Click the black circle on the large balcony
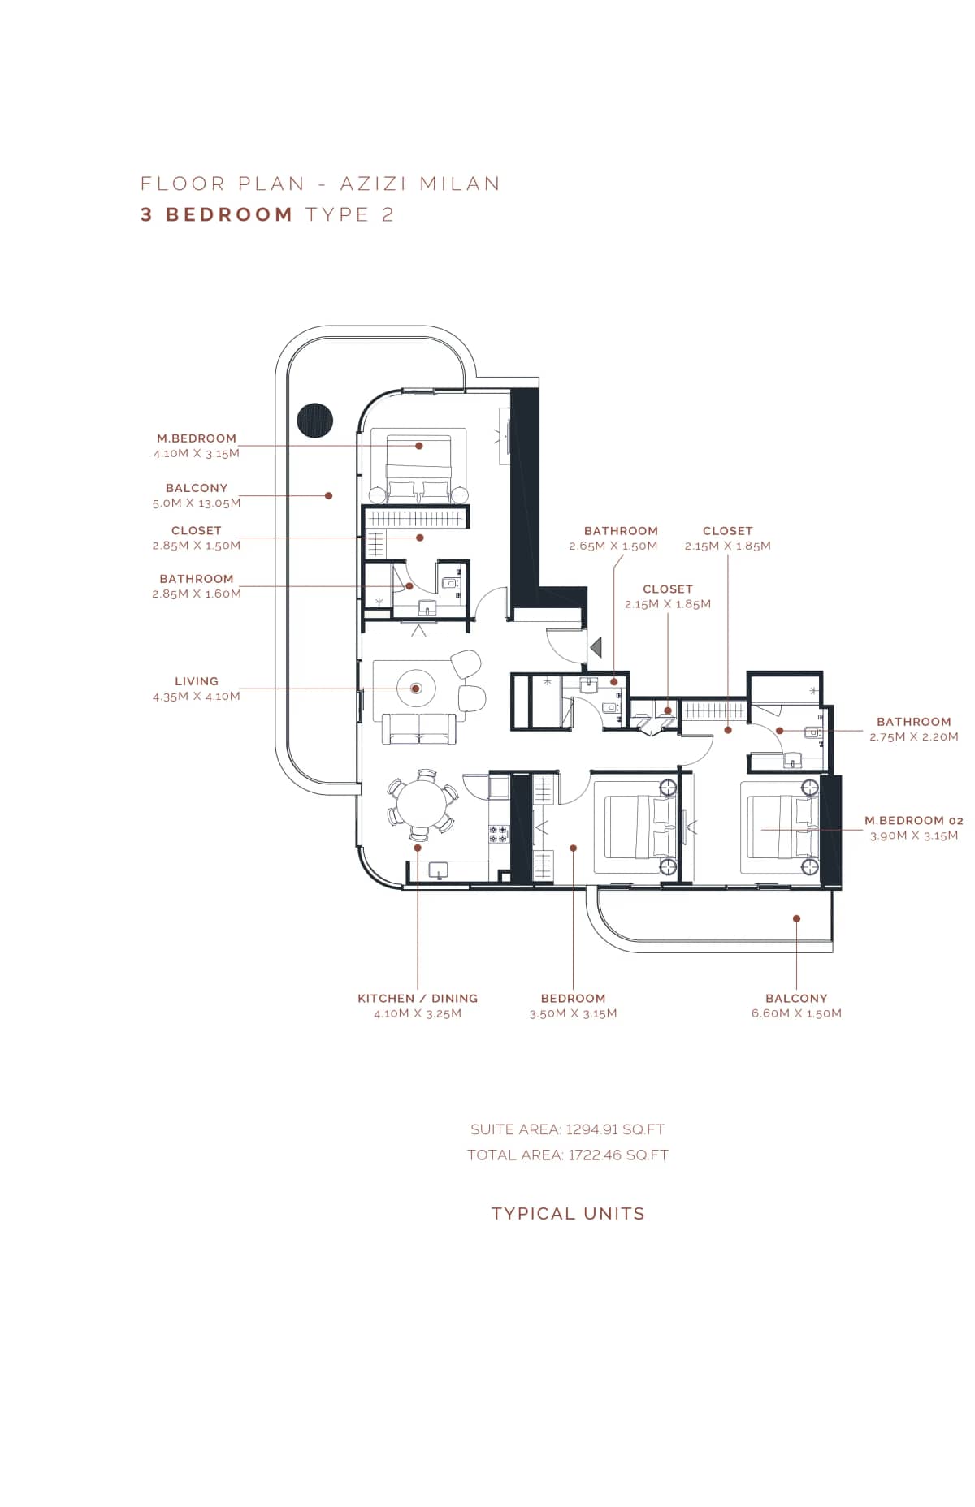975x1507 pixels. coord(315,420)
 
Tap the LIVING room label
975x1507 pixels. coord(197,681)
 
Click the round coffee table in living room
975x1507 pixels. coord(416,689)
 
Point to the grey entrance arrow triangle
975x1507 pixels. coord(596,647)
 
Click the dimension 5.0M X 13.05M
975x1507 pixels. coord(197,503)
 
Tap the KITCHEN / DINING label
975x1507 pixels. coord(418,998)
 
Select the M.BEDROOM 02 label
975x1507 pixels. coord(913,821)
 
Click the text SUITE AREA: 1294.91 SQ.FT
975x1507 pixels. coord(567,1129)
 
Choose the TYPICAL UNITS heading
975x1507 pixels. coord(568,1213)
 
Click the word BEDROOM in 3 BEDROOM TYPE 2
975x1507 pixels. coord(229,214)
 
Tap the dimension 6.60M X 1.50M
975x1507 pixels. coord(796,1013)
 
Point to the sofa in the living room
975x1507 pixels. coord(419,728)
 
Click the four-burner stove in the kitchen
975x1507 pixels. coord(498,833)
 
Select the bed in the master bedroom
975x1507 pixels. coord(418,469)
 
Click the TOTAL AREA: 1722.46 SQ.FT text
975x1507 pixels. coord(567,1155)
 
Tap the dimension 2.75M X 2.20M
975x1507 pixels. coord(913,737)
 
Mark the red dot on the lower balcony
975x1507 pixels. coord(797,918)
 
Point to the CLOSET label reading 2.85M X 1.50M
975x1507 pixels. coord(197,530)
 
